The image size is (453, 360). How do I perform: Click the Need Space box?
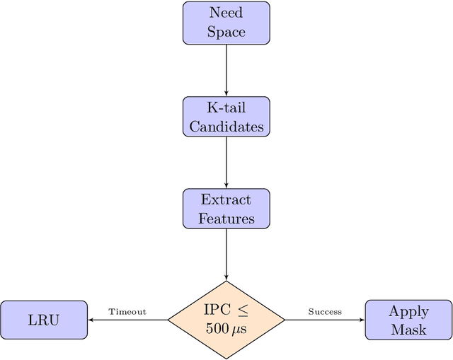tap(226, 23)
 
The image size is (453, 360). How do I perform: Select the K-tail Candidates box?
tap(226, 117)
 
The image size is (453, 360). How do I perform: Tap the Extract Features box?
tap(226, 209)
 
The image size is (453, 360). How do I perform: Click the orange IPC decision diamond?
tap(226, 320)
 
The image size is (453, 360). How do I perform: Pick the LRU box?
tap(44, 320)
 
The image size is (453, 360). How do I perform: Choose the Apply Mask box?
tap(408, 320)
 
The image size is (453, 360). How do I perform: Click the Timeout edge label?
tap(127, 311)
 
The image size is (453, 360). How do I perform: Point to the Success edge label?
tap(325, 311)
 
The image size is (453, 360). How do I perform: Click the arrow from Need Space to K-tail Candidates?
tap(226, 70)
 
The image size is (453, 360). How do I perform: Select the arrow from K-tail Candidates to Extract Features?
tap(226, 163)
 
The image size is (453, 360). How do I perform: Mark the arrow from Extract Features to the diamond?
tap(226, 255)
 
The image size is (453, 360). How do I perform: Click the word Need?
tap(226, 13)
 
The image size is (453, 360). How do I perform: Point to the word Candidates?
tap(226, 127)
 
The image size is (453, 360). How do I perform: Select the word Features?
tap(226, 219)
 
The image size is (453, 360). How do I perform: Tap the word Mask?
tap(408, 330)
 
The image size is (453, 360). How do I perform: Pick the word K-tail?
tap(226, 107)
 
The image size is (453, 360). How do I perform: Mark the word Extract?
tap(226, 199)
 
